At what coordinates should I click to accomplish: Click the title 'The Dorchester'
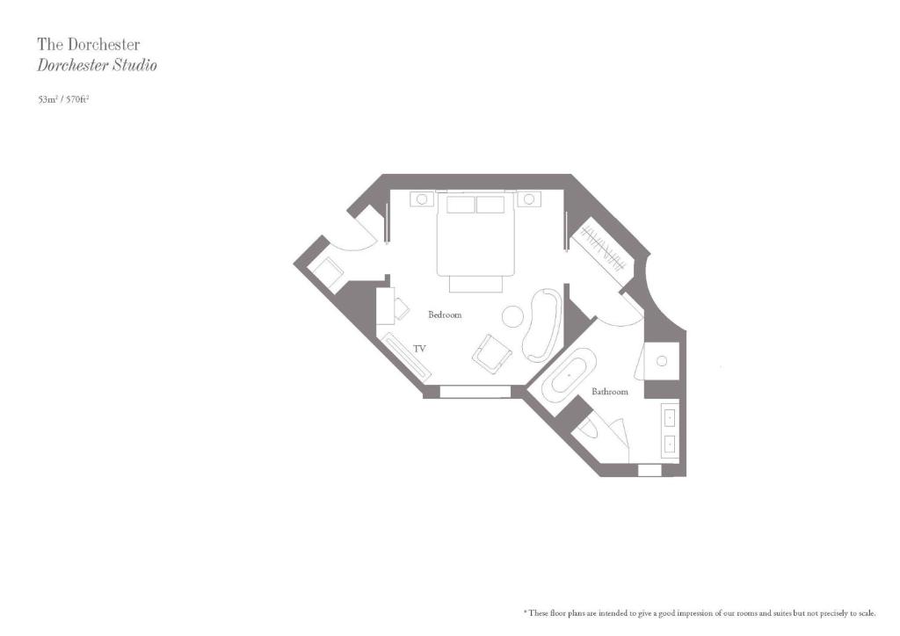tap(89, 44)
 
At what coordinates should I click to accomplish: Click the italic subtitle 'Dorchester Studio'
tap(97, 65)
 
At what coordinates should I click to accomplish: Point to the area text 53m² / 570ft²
tap(63, 99)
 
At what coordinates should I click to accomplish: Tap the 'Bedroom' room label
tap(445, 314)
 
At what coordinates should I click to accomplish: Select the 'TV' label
tap(419, 348)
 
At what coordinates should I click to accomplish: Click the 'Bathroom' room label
tap(610, 392)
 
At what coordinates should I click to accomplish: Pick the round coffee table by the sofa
tap(512, 316)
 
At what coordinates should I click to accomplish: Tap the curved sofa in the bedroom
tap(542, 325)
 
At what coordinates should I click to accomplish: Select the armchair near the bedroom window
tap(491, 352)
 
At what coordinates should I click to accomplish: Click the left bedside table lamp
tap(422, 199)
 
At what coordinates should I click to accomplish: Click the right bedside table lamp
tap(529, 199)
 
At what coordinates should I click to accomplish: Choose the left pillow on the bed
tap(461, 204)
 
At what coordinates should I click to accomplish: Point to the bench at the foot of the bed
tap(475, 284)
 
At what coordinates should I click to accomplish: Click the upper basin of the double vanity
tap(670, 418)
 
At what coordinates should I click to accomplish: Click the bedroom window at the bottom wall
tap(475, 392)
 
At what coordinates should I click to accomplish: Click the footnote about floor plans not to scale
tap(700, 613)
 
